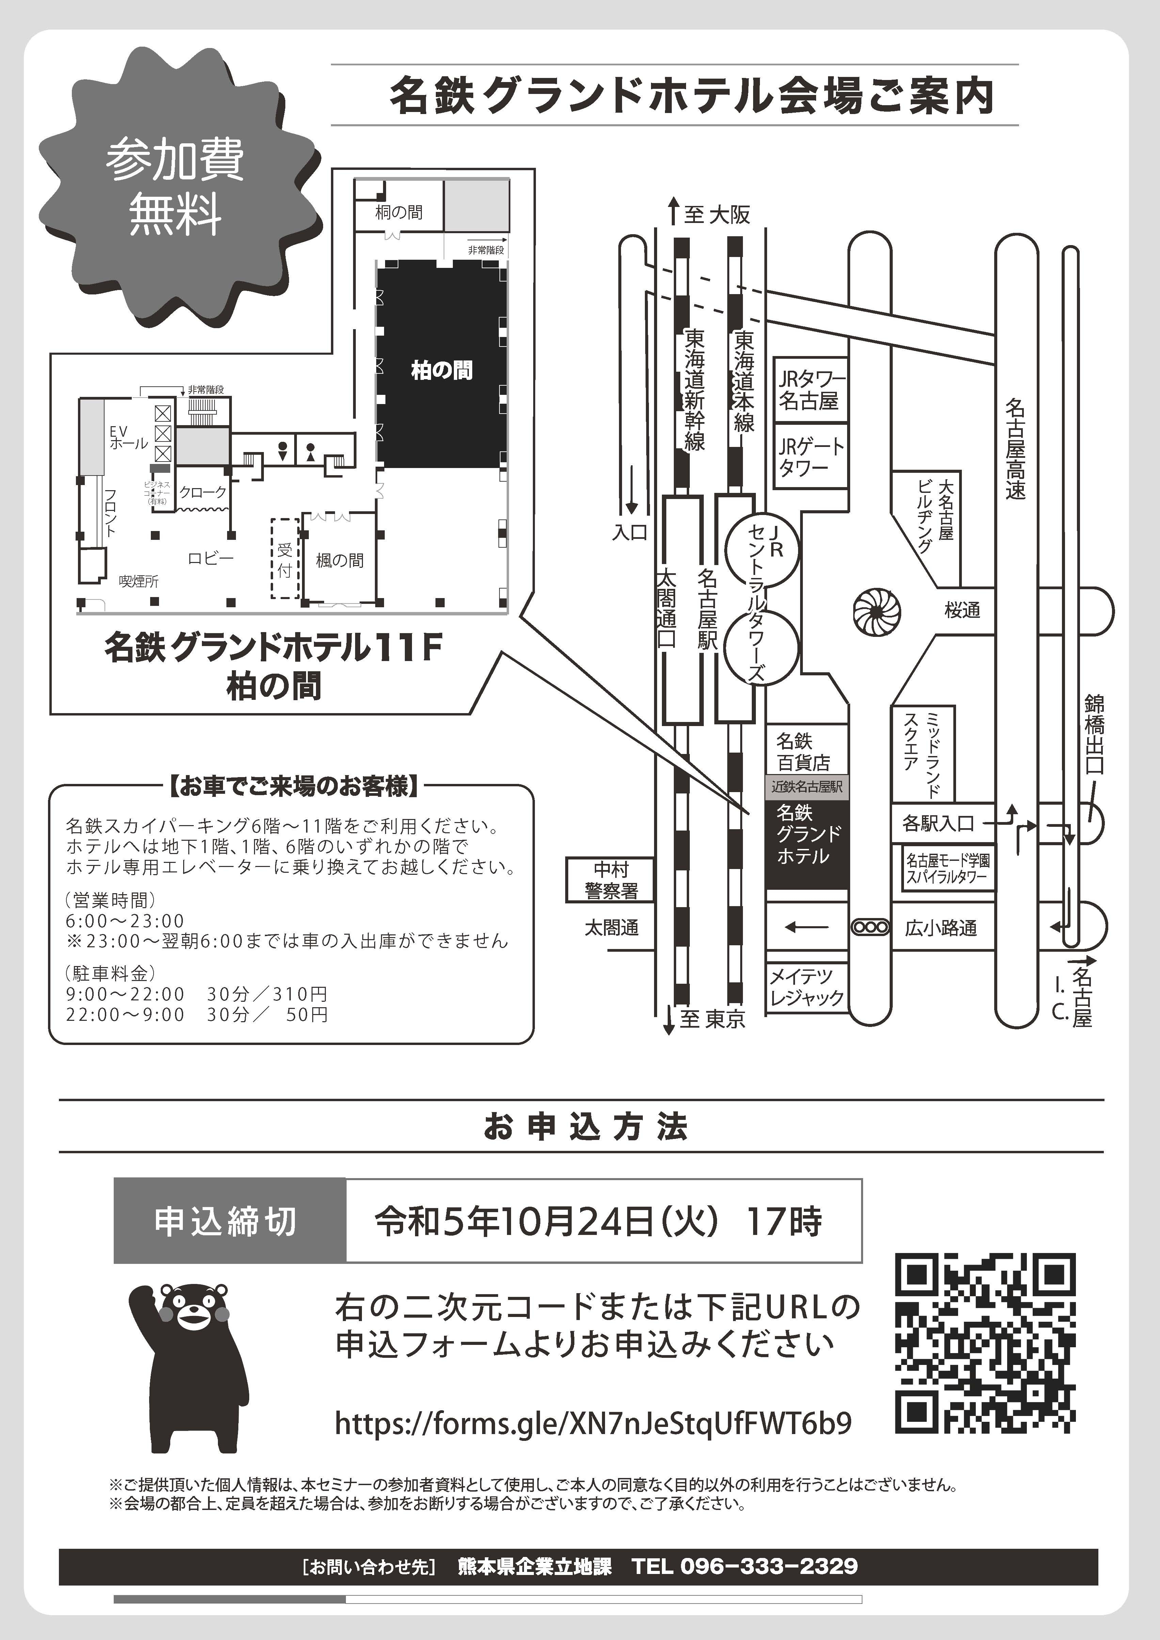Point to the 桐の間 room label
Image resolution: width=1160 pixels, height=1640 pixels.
(399, 212)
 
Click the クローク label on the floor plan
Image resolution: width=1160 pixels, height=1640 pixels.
(203, 492)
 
